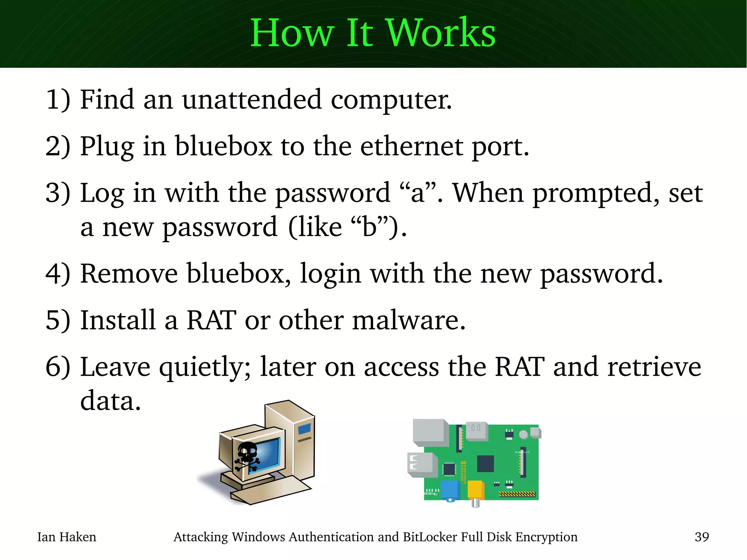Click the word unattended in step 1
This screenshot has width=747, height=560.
pyautogui.click(x=252, y=100)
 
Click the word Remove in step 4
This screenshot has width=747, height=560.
pyautogui.click(x=129, y=274)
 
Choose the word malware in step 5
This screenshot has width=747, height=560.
pyautogui.click(x=409, y=320)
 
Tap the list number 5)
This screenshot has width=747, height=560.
pyautogui.click(x=58, y=320)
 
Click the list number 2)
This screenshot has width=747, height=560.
pyautogui.click(x=58, y=146)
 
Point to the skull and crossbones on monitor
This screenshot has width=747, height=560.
pyautogui.click(x=247, y=456)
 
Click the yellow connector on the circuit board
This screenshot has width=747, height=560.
pyautogui.click(x=476, y=490)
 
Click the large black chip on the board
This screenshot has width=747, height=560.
pyautogui.click(x=485, y=464)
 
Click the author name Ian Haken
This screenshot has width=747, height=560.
pyautogui.click(x=67, y=537)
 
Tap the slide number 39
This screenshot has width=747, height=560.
pyautogui.click(x=701, y=537)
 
